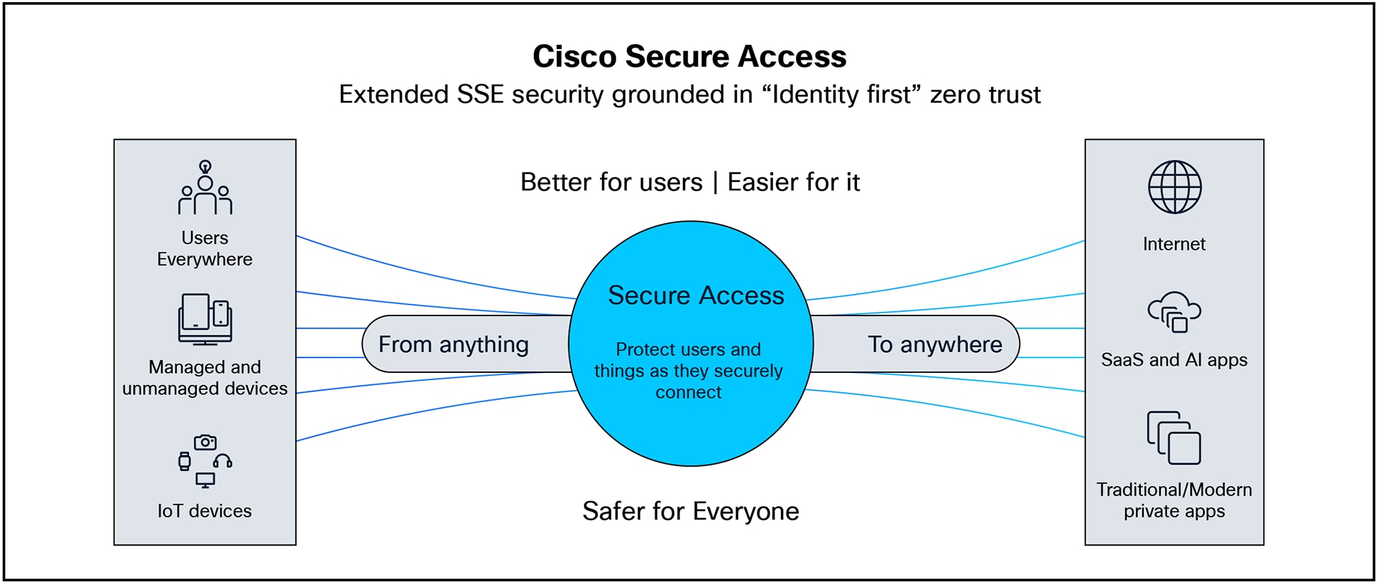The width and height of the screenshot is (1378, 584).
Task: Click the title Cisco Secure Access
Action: point(689,57)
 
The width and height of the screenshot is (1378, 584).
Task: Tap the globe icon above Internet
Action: point(1174,187)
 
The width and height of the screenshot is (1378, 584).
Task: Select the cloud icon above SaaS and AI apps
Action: point(1174,312)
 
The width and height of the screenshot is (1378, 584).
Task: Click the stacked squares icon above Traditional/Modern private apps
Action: point(1174,438)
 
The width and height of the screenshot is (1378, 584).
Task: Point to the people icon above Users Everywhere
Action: point(204,188)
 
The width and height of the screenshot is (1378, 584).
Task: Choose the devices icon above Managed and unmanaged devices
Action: point(204,319)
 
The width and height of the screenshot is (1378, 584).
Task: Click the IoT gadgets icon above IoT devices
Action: point(204,461)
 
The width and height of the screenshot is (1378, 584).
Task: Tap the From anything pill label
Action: point(453,345)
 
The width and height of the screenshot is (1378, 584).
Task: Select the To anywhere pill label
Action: point(934,345)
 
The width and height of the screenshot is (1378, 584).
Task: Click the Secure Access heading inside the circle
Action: point(696,296)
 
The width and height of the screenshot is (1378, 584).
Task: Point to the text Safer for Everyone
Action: point(690,512)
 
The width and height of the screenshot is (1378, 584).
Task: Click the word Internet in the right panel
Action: point(1174,244)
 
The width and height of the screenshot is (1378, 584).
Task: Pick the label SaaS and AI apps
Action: point(1174,360)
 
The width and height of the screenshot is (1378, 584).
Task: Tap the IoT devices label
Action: point(204,512)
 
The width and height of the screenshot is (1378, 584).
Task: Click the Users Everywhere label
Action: point(204,249)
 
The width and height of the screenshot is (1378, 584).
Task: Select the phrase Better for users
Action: point(611,183)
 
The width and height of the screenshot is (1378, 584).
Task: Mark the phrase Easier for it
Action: point(793,183)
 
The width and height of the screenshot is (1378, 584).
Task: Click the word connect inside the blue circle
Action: point(688,393)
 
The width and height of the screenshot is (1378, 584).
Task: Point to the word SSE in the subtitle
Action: point(480,94)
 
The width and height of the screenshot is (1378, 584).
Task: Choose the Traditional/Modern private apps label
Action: point(1174,500)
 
